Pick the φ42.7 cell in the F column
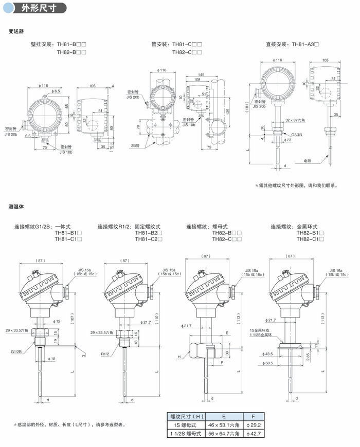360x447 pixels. pos(255,434)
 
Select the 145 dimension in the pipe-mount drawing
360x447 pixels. pos(200,75)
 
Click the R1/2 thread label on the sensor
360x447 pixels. pos(106,353)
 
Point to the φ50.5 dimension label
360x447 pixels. pos(282,363)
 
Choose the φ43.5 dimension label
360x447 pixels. pos(282,354)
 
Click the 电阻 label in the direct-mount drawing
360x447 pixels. pos(308,161)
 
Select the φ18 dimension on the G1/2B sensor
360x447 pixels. pos(52,358)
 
